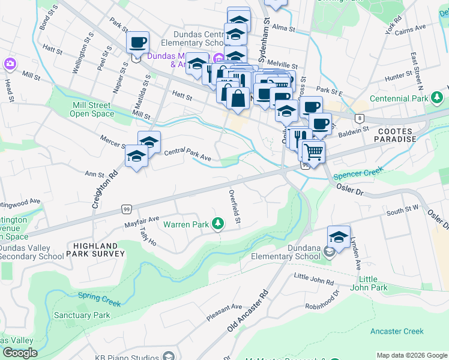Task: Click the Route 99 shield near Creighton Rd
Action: click(126, 209)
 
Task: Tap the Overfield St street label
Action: click(234, 208)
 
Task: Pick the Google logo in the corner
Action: click(20, 353)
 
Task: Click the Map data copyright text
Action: click(412, 355)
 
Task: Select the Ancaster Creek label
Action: click(397, 331)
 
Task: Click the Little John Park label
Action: click(377, 284)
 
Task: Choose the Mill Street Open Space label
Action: click(92, 109)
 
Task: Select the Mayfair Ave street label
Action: click(142, 220)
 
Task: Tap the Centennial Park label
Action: click(399, 98)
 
